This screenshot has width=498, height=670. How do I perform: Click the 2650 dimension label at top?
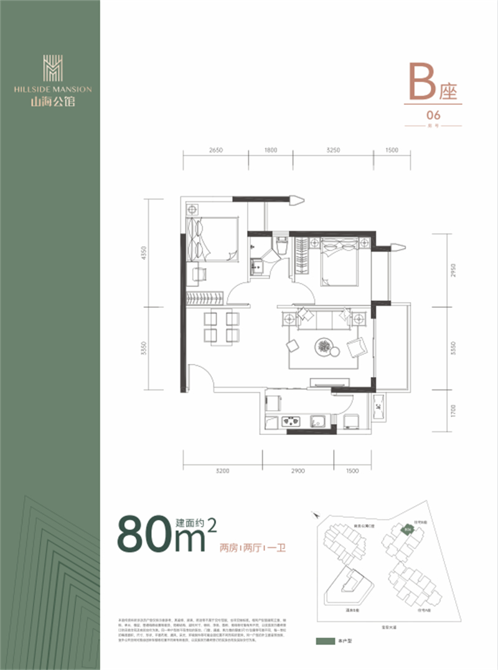point(215,150)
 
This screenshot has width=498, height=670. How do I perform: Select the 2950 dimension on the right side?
point(454,271)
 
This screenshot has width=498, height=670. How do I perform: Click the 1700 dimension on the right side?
point(454,410)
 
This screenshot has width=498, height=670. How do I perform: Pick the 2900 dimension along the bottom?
point(297,472)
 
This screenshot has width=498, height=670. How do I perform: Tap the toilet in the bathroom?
point(280,245)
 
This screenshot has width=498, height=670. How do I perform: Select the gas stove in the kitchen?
point(291,421)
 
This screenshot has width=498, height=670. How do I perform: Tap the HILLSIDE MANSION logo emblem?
point(52,67)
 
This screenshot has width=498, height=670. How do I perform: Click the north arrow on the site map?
point(318,517)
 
